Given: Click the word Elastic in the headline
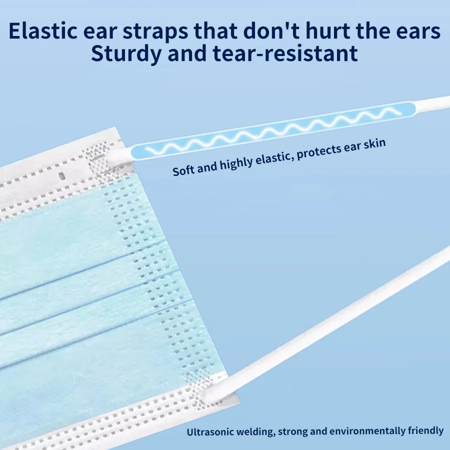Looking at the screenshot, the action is [43, 30].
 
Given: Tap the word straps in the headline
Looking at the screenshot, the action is [155, 32].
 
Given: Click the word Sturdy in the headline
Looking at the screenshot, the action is [126, 54].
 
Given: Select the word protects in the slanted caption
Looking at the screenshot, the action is [318, 152].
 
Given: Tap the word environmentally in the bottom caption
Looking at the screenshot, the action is [368, 431].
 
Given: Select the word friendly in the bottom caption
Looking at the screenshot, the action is [426, 431].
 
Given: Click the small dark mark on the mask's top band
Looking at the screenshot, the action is [61, 176].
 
